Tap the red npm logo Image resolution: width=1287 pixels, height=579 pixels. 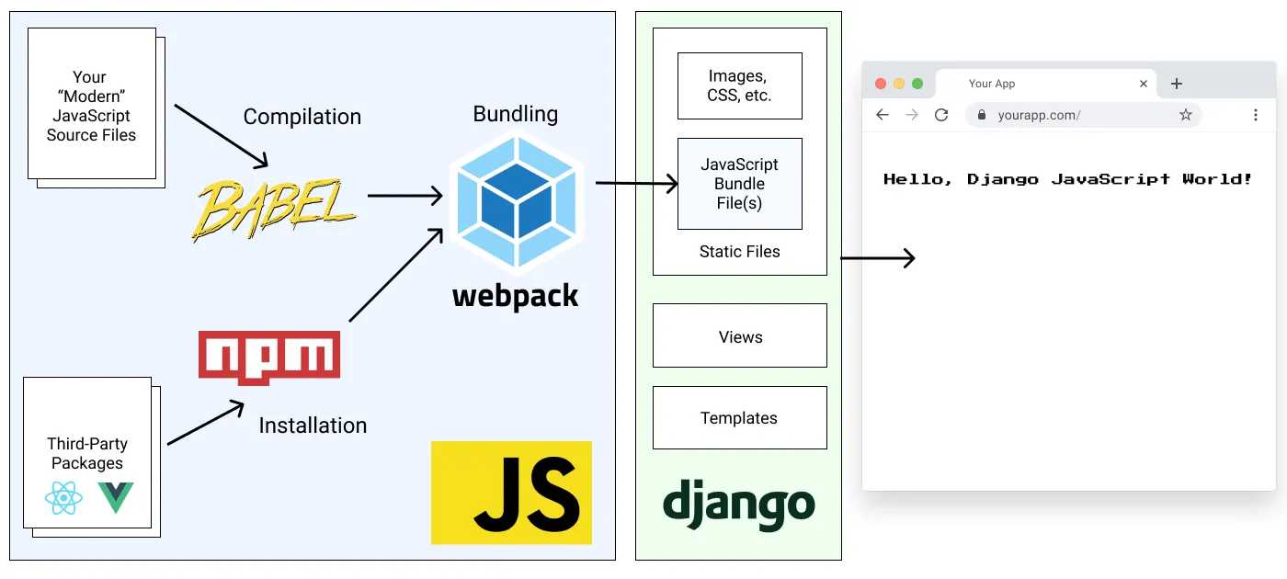point(269,357)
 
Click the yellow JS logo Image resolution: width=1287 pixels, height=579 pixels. point(511,493)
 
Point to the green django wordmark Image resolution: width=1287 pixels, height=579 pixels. point(738,505)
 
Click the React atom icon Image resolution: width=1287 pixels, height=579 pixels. point(63,498)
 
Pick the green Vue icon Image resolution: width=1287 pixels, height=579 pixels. point(116,497)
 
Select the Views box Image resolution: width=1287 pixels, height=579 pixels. point(740,336)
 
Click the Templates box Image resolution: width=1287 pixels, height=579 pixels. point(739,418)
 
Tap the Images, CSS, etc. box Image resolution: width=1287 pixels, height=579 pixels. point(739,85)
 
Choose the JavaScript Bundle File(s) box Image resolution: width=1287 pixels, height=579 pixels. point(739,184)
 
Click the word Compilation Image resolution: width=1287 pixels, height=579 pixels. point(302,117)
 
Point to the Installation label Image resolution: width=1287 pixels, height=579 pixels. point(313,426)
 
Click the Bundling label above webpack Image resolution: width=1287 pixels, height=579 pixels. point(515,114)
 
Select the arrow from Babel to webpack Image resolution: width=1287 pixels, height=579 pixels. point(404,195)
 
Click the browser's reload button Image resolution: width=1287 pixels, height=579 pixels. point(940,115)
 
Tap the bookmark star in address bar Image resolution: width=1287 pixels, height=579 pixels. point(1185,115)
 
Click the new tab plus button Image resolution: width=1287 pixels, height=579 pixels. point(1176,84)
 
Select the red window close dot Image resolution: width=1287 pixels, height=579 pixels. point(880,84)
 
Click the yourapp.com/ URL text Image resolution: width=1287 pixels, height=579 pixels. point(1039,116)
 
